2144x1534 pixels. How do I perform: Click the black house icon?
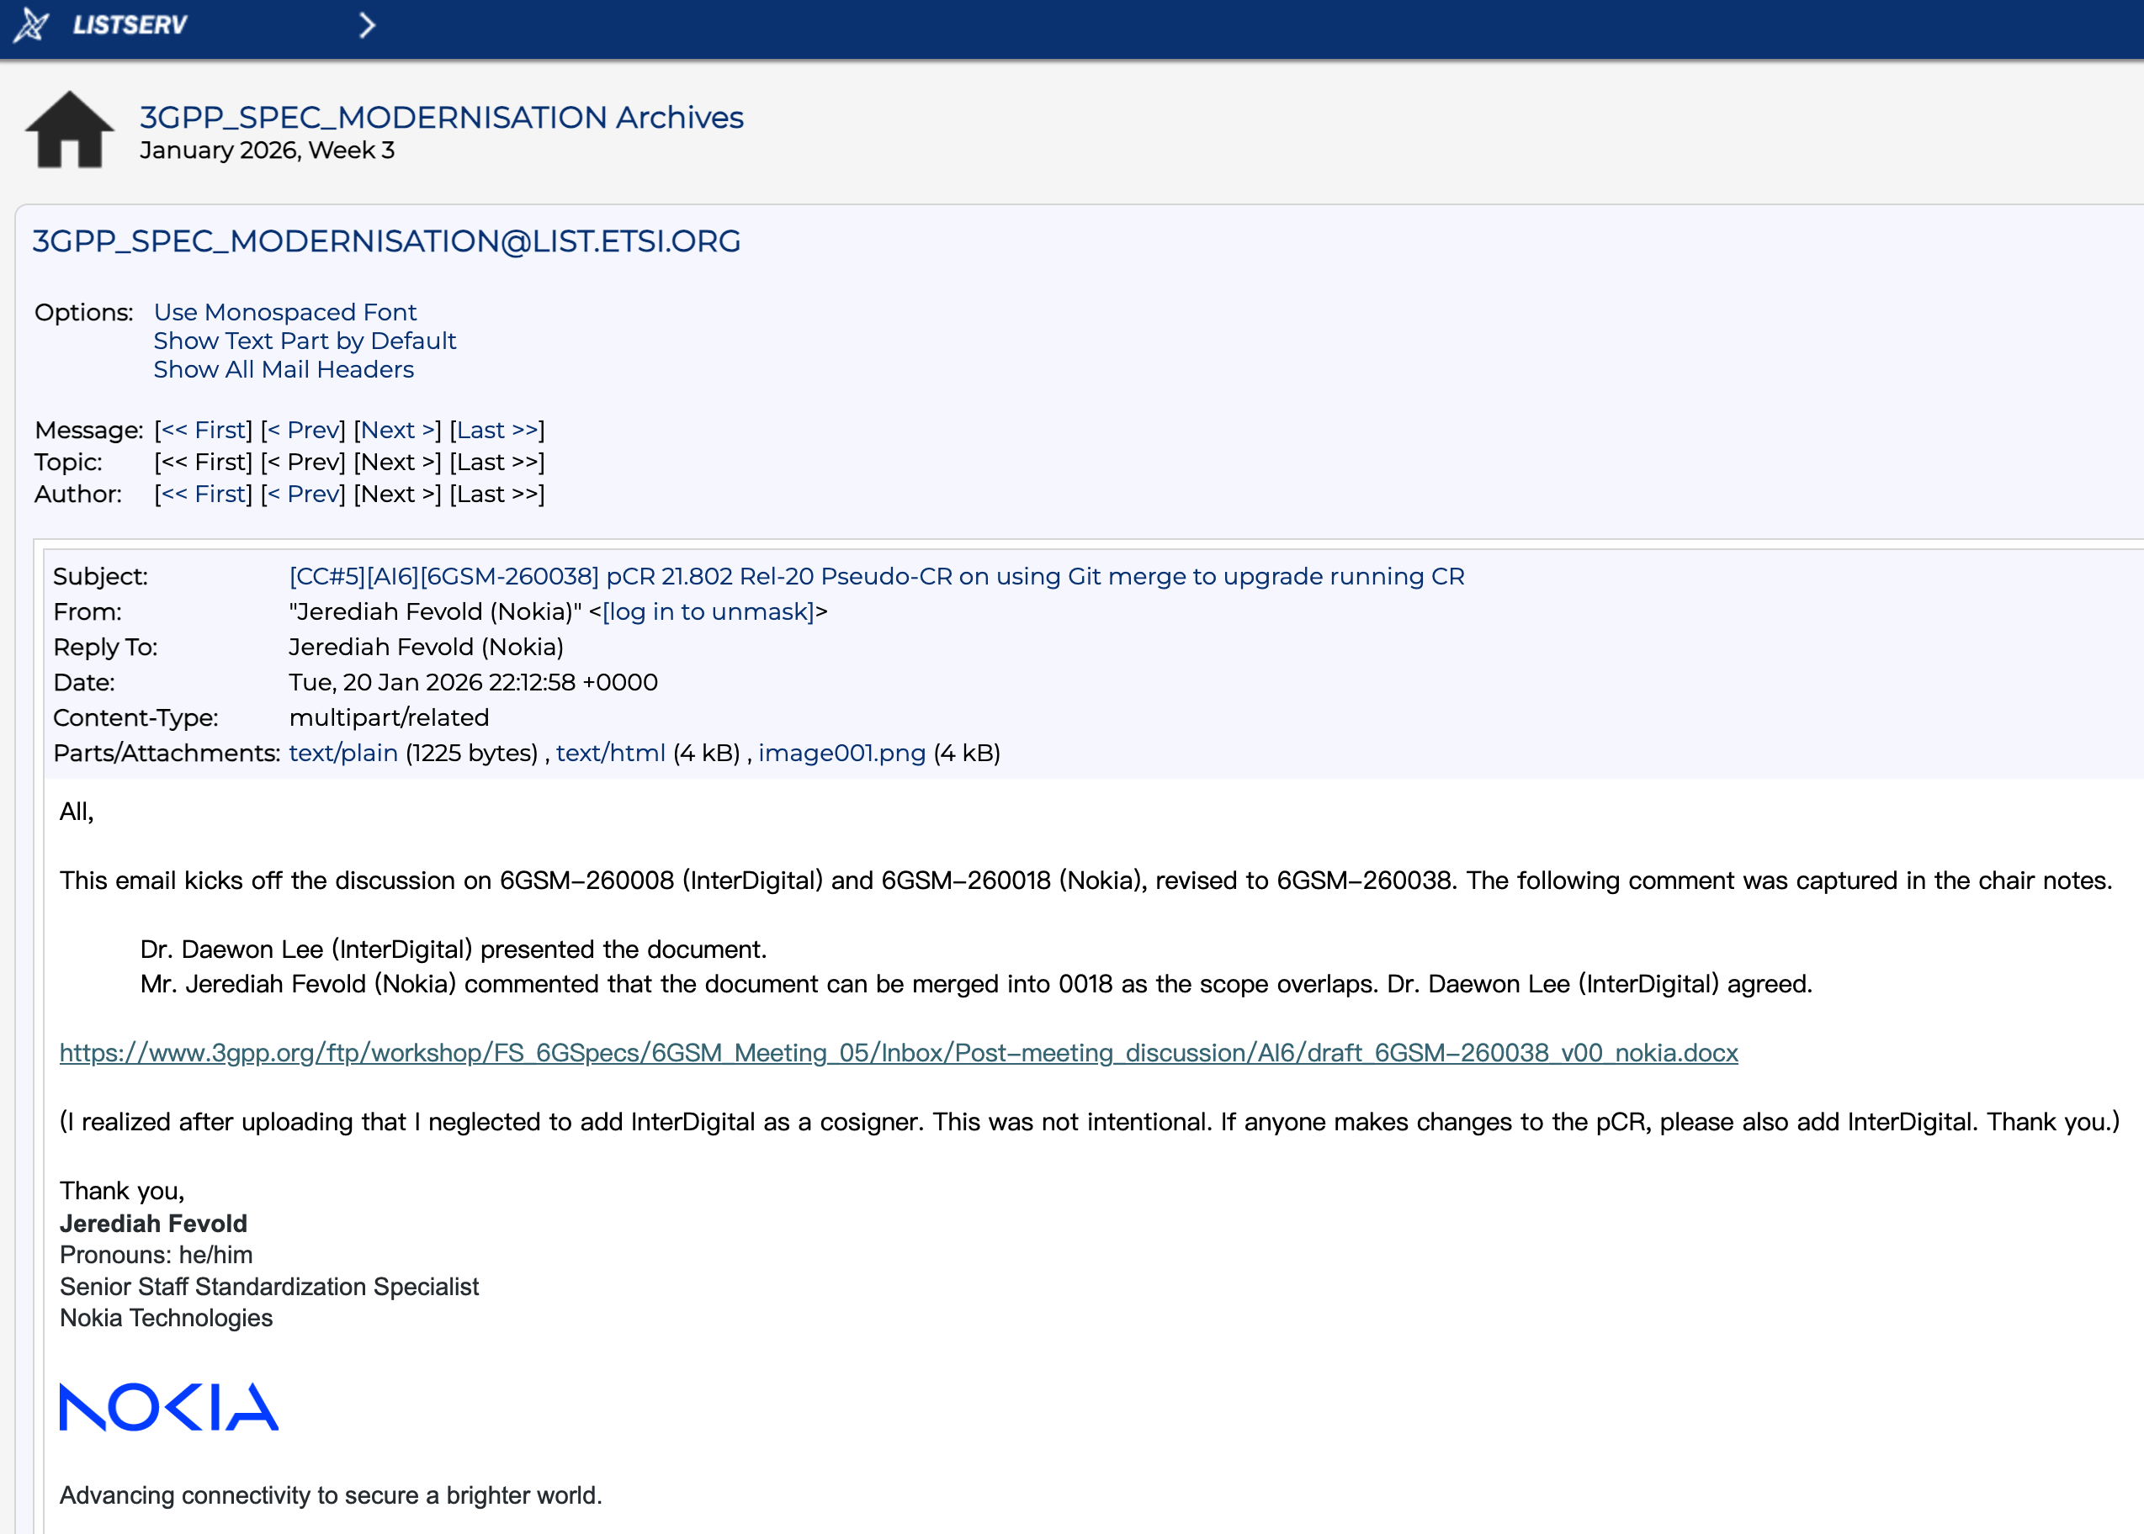point(69,131)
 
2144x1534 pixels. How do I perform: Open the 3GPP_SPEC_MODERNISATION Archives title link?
point(441,117)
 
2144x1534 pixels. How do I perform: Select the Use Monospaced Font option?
point(284,312)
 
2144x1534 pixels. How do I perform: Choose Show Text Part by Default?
point(305,341)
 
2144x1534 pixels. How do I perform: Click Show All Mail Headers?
point(284,369)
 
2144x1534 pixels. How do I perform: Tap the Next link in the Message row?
point(398,430)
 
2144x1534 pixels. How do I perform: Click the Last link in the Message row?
point(497,430)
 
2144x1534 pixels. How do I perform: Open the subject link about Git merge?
point(876,576)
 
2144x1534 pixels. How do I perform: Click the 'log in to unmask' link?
point(708,611)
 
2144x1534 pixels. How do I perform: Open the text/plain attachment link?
point(343,753)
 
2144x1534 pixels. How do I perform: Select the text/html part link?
point(610,753)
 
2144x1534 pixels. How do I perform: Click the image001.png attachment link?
point(841,753)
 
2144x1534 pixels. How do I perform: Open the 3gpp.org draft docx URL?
point(898,1052)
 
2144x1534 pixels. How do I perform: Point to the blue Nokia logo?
point(169,1406)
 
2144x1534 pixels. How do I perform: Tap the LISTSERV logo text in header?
point(130,24)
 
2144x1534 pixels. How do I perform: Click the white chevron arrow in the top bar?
point(368,25)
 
